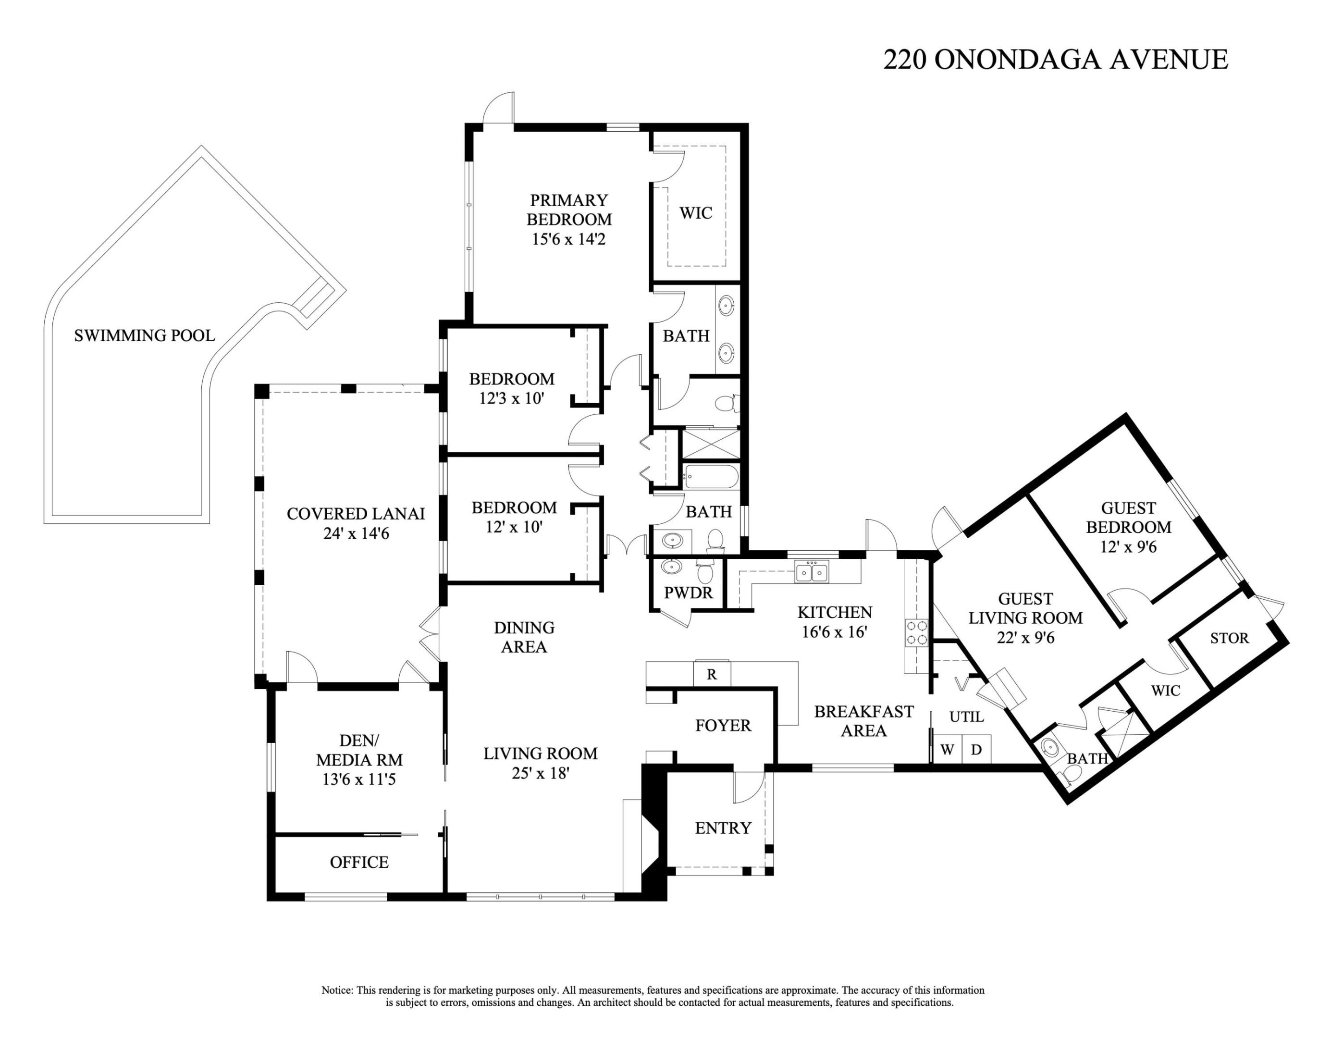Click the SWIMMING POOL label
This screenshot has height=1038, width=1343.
pyautogui.click(x=145, y=336)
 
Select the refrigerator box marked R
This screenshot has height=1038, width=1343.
pyautogui.click(x=712, y=674)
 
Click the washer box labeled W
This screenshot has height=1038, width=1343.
pyautogui.click(x=947, y=750)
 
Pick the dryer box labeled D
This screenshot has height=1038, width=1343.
pyautogui.click(x=976, y=750)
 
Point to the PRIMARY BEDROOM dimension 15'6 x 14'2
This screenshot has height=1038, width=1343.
pyautogui.click(x=569, y=239)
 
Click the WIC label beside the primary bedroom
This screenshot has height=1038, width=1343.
pyautogui.click(x=695, y=213)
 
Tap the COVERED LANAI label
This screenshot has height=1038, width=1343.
pyautogui.click(x=356, y=513)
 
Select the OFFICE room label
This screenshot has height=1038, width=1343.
pyautogui.click(x=359, y=862)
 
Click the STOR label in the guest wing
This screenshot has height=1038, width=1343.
pyautogui.click(x=1229, y=638)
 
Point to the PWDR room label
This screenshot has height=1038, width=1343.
pyautogui.click(x=688, y=593)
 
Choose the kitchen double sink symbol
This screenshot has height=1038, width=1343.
pyautogui.click(x=812, y=572)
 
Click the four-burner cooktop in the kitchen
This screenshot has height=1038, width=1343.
pyautogui.click(x=917, y=633)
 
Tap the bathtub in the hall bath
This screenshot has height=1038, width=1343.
pyautogui.click(x=711, y=477)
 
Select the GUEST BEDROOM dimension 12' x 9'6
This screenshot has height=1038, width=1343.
pyautogui.click(x=1128, y=547)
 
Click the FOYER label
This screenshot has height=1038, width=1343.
pyautogui.click(x=723, y=726)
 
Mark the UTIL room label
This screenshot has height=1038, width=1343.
pyautogui.click(x=966, y=717)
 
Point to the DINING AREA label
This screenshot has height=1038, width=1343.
pyautogui.click(x=524, y=637)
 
